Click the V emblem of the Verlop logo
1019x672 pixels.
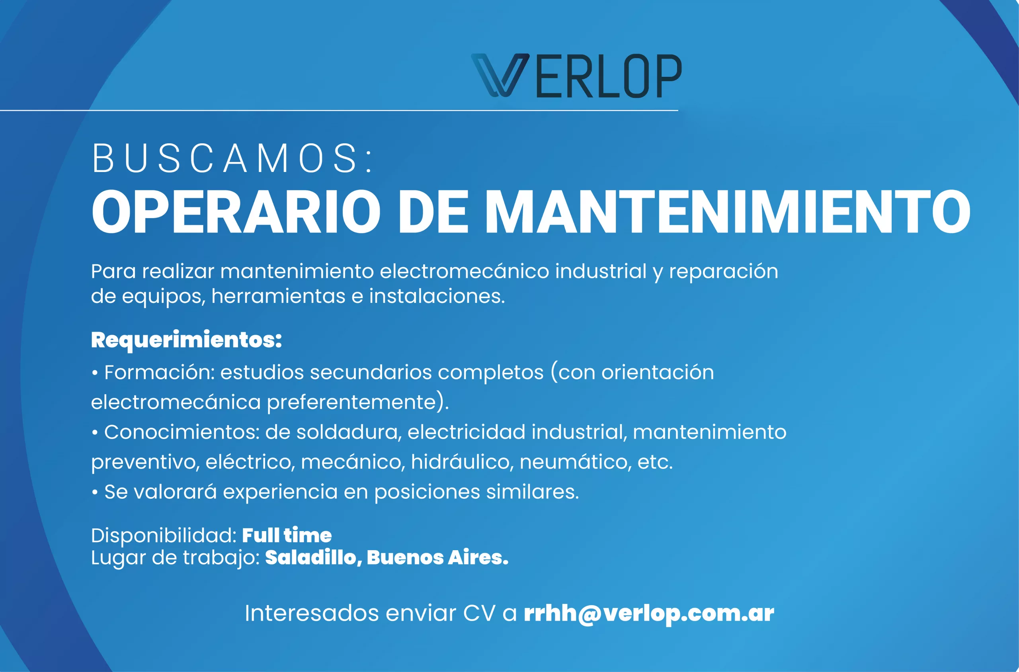[500, 75]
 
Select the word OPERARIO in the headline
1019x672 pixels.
[236, 212]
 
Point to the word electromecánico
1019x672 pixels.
[464, 271]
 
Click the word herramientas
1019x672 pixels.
[278, 296]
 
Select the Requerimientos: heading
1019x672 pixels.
[186, 341]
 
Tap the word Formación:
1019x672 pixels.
[159, 372]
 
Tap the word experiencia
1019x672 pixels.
[280, 492]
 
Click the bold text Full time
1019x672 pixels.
[287, 536]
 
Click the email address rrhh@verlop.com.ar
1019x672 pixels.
[649, 614]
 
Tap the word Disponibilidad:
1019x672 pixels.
[164, 536]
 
